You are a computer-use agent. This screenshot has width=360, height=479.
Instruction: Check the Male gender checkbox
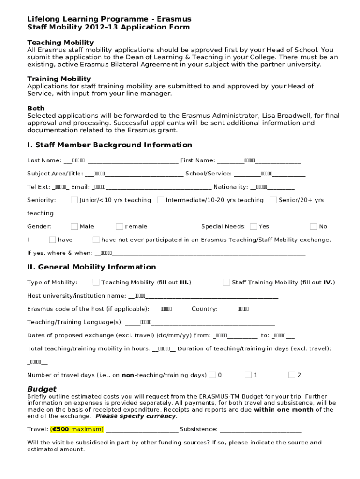pos(74,226)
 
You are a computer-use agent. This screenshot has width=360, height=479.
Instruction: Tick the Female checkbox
pos(120,226)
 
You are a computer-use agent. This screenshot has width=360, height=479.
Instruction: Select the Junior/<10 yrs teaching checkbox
pos(74,200)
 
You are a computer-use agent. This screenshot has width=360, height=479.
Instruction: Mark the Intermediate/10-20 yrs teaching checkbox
pos(160,200)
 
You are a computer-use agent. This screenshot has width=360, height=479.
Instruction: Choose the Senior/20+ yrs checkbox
pos(273,200)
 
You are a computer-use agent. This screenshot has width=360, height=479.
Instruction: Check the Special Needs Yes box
pos(253,226)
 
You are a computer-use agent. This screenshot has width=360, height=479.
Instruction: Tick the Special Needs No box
pos(313,226)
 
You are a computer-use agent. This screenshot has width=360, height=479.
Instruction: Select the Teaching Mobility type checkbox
pos(96,282)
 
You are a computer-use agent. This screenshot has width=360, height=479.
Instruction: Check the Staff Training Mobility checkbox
pos(226,282)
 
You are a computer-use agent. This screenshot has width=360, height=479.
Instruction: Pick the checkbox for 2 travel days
pos(292,375)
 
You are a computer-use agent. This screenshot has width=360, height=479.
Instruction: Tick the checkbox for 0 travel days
pos(212,375)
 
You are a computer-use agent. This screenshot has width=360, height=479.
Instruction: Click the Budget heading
pos(42,389)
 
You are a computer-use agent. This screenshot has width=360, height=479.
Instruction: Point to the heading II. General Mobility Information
pos(92,267)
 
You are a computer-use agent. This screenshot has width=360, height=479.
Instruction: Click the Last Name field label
pos(44,160)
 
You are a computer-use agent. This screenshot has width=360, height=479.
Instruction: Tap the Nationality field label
pos(230,187)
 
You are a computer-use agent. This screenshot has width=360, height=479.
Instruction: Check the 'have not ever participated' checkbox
pos(96,240)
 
